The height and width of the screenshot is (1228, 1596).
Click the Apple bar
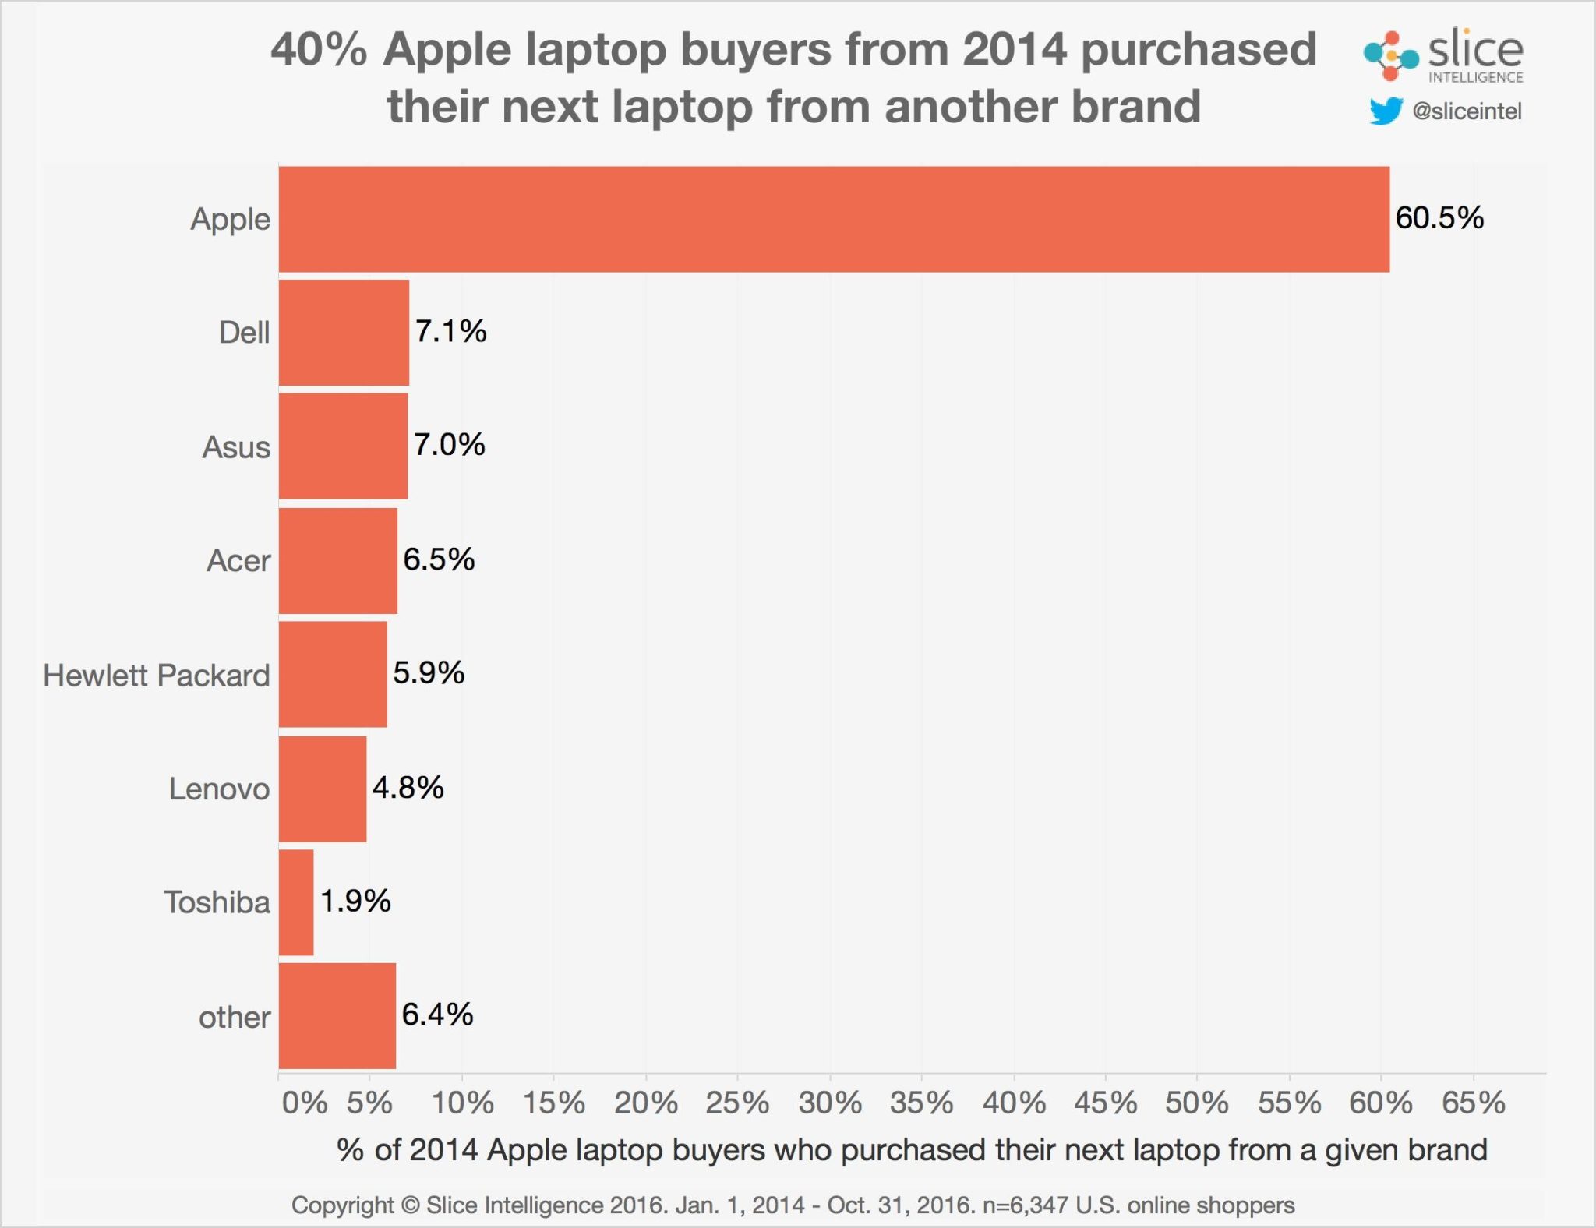(834, 219)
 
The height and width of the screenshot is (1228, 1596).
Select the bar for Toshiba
(296, 902)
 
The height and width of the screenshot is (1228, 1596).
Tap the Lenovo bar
(323, 789)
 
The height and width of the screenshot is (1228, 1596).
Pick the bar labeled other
(337, 1016)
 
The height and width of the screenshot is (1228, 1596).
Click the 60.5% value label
(1439, 218)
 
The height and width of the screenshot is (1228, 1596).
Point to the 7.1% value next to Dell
(450, 332)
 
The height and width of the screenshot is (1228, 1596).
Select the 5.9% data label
(429, 673)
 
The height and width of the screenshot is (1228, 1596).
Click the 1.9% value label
(355, 902)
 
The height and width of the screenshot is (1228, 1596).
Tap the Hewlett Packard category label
(157, 676)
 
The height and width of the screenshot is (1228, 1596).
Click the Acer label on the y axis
(238, 561)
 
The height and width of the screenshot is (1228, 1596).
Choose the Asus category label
(236, 447)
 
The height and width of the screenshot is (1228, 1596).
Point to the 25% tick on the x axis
(737, 1103)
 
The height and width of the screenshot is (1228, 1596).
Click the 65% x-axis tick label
(1473, 1103)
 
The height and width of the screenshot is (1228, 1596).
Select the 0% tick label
(304, 1103)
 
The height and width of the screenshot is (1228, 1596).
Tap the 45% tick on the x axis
(1105, 1103)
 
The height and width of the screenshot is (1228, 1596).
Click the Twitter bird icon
(1386, 111)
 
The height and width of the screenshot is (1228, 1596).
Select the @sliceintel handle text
(1467, 111)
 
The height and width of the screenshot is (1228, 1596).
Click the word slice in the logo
(1474, 51)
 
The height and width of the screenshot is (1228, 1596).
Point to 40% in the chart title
(318, 50)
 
